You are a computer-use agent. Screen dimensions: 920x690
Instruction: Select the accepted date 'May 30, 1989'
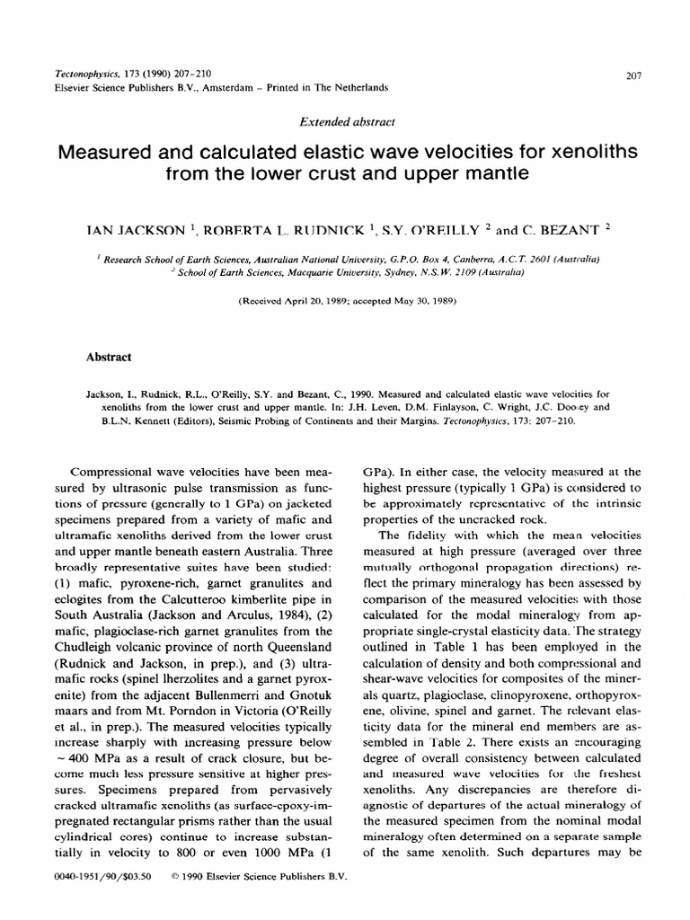tap(425, 301)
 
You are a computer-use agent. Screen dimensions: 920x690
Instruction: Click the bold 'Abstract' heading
tap(108, 357)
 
